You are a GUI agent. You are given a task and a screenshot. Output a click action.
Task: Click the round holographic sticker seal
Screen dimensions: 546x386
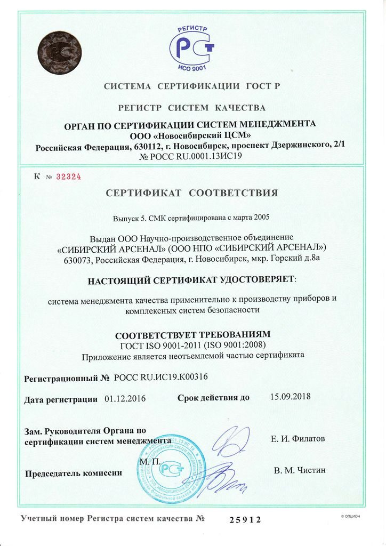point(59,53)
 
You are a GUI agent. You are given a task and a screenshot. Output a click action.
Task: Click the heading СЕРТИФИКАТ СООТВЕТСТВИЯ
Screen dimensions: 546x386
point(192,192)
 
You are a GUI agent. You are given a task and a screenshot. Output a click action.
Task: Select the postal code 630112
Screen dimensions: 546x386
point(151,148)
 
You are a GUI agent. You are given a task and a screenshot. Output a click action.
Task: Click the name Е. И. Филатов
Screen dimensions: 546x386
point(298,439)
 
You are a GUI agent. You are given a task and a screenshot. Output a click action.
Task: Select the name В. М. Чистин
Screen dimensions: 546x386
point(299,470)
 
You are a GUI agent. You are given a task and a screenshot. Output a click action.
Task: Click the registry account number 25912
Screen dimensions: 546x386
point(245,519)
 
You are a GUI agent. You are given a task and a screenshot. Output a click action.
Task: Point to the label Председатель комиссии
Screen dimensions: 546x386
point(74,472)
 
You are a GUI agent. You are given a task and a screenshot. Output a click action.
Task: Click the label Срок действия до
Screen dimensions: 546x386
point(213,398)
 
